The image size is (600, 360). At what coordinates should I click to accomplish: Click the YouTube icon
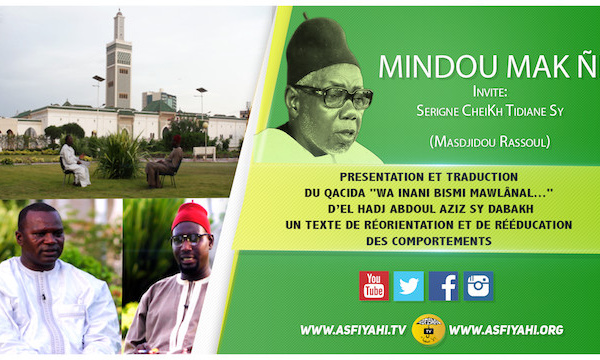pyautogui.click(x=374, y=286)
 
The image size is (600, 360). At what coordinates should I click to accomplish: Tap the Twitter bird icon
pyautogui.click(x=408, y=286)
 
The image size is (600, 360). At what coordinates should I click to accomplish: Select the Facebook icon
pyautogui.click(x=443, y=286)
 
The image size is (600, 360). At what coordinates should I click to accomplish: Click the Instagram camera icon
pyautogui.click(x=478, y=286)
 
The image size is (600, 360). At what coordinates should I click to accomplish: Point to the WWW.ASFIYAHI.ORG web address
pyautogui.click(x=506, y=329)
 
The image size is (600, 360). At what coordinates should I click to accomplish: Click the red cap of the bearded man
pyautogui.click(x=191, y=214)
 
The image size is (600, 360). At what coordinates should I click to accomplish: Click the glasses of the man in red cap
pyautogui.click(x=189, y=240)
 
